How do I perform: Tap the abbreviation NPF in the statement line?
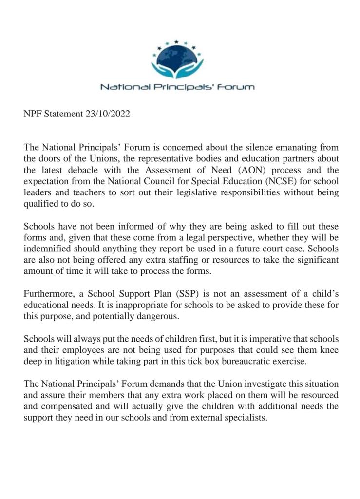[x=33, y=114]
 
